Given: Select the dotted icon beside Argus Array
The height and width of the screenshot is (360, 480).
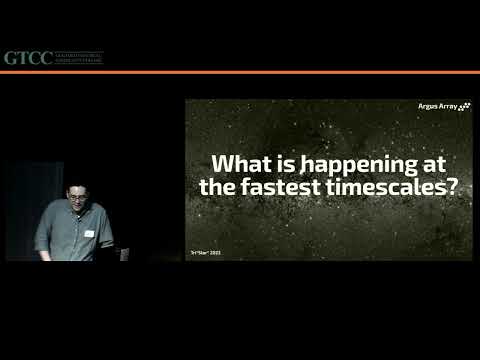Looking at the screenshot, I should pyautogui.click(x=463, y=106).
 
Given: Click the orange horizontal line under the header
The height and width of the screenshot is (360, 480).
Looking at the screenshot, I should pyautogui.click(x=240, y=72).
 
